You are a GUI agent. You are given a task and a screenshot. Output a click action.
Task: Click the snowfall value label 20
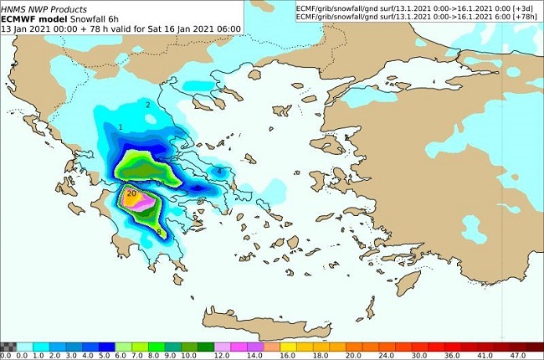[x=131, y=193]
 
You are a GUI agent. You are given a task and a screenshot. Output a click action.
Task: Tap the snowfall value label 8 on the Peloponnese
[x=159, y=232]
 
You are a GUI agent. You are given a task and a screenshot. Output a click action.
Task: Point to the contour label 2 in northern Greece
[x=148, y=105]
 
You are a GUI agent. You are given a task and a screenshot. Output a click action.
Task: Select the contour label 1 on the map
[x=121, y=127]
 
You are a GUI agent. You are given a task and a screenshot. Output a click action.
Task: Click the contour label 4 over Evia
[x=219, y=171]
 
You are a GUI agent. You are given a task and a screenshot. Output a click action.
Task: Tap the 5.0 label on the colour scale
[x=109, y=355]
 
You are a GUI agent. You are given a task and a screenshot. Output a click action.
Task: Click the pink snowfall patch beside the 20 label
[x=145, y=201]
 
